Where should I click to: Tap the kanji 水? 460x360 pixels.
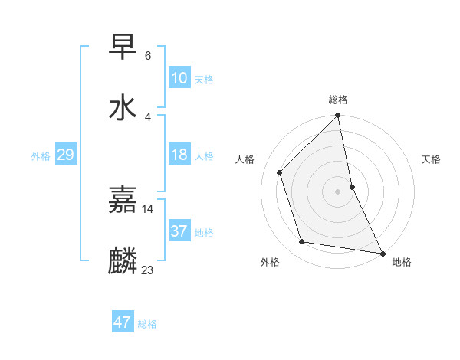(123, 107)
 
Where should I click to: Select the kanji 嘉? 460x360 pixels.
(123, 200)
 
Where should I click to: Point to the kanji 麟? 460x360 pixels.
(123, 261)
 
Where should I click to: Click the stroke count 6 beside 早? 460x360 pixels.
(147, 56)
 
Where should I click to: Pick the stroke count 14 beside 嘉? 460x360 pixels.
(148, 208)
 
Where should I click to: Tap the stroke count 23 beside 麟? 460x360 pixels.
(148, 270)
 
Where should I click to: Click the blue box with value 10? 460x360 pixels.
(179, 78)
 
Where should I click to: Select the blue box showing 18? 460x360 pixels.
(179, 155)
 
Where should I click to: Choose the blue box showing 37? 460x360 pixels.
(179, 231)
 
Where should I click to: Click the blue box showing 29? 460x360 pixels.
(66, 155)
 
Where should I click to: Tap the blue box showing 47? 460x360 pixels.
(123, 322)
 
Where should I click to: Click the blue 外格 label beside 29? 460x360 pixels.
(41, 156)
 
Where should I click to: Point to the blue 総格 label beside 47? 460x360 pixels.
(147, 324)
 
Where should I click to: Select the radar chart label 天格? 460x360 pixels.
(432, 159)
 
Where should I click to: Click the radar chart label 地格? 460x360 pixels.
(402, 262)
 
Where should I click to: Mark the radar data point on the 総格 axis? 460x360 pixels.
(337, 116)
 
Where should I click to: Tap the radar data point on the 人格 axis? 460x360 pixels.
(280, 172)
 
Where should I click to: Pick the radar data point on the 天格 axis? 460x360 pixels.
(352, 187)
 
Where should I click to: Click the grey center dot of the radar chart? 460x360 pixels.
(337, 191)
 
